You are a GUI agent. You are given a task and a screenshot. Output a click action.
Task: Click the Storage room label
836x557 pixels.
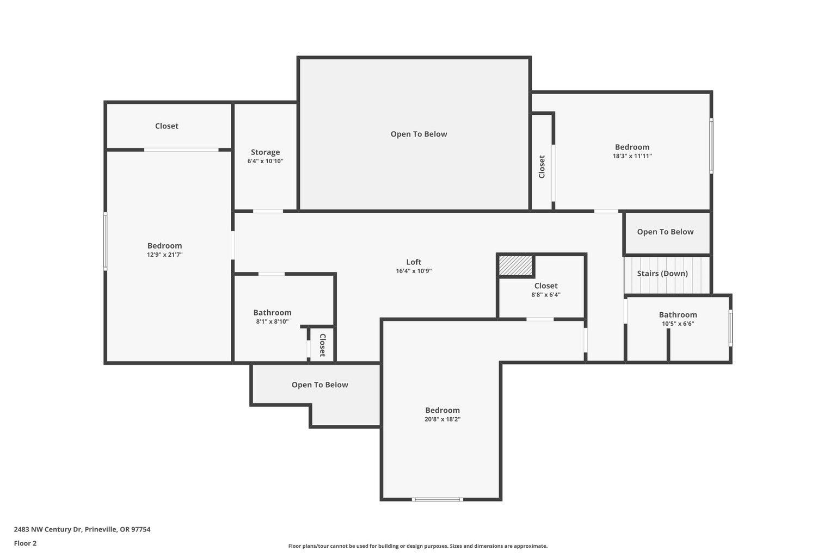click(265, 152)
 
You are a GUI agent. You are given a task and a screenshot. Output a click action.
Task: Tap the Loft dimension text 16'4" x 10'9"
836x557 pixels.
click(414, 271)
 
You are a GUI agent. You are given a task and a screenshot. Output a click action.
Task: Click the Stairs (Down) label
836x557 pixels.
click(662, 274)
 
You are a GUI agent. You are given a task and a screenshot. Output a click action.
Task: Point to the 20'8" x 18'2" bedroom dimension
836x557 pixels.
click(442, 419)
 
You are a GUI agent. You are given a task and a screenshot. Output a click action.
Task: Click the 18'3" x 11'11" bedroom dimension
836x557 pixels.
click(632, 156)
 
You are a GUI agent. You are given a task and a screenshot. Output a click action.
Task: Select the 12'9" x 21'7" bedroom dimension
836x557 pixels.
click(164, 255)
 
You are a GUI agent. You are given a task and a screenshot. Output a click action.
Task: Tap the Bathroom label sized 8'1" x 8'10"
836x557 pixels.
click(272, 313)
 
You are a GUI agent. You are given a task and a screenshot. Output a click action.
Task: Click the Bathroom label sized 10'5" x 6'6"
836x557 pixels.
click(678, 315)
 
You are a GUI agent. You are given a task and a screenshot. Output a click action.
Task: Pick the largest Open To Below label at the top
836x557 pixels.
click(419, 134)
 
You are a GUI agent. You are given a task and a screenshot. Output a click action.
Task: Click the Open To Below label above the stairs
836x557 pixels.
click(665, 232)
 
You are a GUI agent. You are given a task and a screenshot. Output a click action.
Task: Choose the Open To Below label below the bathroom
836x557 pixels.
click(319, 385)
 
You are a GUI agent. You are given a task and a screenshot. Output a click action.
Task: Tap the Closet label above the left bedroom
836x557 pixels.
click(167, 126)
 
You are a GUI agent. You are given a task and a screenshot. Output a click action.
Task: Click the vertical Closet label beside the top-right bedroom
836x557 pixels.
click(542, 167)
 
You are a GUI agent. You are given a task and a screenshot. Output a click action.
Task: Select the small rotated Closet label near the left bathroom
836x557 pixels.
click(322, 345)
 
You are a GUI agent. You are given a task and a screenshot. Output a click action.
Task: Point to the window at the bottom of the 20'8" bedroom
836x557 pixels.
click(437, 499)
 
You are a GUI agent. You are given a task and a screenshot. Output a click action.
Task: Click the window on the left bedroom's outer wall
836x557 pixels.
click(105, 241)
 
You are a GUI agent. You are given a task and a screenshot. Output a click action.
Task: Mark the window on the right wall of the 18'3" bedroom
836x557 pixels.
click(711, 146)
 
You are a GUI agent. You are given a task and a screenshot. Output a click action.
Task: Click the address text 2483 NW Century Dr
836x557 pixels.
click(82, 529)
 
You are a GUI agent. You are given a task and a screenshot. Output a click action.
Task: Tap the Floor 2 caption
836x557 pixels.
click(25, 543)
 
